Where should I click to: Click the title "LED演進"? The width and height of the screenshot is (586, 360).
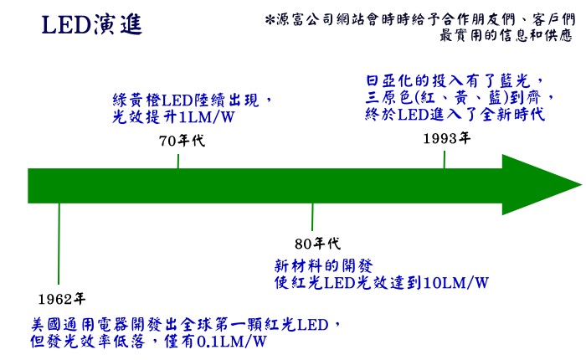[x=91, y=25]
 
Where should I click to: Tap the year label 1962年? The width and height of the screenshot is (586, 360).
[x=62, y=298]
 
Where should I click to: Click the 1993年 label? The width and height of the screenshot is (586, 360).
[x=446, y=138]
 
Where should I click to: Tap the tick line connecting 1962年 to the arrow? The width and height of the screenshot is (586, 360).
[x=59, y=247]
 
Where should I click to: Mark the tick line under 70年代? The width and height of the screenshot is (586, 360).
[x=177, y=160]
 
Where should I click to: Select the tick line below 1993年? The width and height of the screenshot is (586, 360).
[x=444, y=158]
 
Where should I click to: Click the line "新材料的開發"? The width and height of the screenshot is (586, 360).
[x=318, y=265]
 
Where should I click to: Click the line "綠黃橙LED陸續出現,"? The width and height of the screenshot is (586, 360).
[x=193, y=100]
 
